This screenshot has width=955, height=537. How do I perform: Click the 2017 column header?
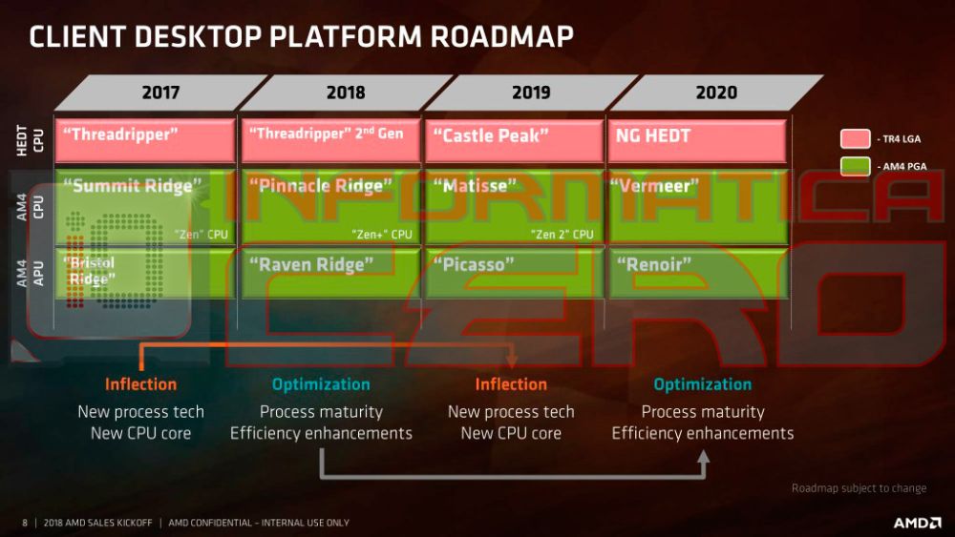(159, 93)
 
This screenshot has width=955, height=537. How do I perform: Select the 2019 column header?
(530, 93)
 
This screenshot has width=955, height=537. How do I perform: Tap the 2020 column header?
(715, 93)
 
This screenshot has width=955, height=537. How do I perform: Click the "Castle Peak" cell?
(513, 140)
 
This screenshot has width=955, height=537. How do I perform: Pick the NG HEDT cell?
(697, 140)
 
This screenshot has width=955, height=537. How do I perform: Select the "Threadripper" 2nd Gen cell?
(328, 140)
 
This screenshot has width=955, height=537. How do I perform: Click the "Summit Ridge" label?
(133, 185)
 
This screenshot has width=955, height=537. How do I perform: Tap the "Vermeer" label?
(655, 185)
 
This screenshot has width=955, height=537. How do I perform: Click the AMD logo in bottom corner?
(914, 523)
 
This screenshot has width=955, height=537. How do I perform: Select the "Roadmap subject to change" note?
(859, 488)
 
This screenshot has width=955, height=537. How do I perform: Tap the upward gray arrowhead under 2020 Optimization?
(703, 459)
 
